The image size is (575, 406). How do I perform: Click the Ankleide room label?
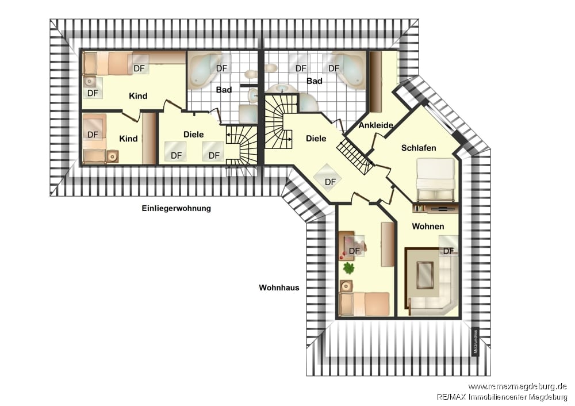(376, 125)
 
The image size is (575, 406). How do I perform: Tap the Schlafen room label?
(419, 148)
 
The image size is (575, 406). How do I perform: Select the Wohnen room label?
(428, 226)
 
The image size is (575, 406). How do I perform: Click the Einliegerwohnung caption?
(177, 208)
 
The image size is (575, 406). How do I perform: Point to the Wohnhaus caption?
(279, 288)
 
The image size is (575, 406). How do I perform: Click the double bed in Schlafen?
(436, 179)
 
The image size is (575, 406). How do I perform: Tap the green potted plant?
(349, 268)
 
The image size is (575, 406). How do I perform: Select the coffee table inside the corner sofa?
(425, 276)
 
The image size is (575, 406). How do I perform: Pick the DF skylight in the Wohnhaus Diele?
(328, 178)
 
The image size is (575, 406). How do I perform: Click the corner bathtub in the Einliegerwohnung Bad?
(204, 71)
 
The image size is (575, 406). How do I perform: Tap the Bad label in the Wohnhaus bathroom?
(315, 81)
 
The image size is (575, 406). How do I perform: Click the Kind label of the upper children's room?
(138, 96)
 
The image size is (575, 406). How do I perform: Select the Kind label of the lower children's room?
(128, 139)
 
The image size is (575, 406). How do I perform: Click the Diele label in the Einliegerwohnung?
(194, 135)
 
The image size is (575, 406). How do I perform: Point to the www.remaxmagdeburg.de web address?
(517, 386)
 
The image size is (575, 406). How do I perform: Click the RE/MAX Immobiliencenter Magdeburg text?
(502, 397)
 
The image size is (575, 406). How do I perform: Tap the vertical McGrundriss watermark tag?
(476, 342)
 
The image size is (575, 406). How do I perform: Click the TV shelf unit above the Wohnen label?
(436, 208)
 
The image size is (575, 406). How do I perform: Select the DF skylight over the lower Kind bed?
(93, 134)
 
